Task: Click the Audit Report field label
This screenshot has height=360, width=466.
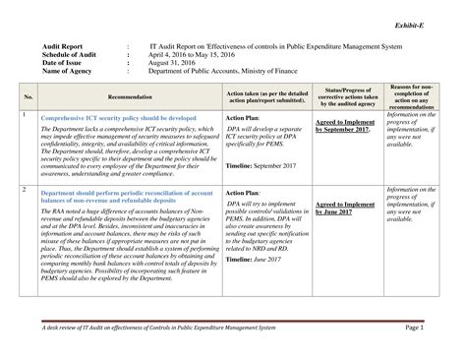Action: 61,45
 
